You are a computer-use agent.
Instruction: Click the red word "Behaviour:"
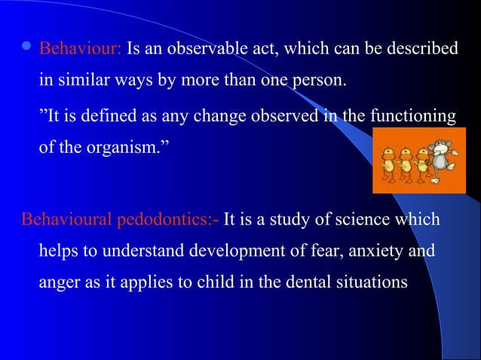pyautogui.click(x=81, y=50)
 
